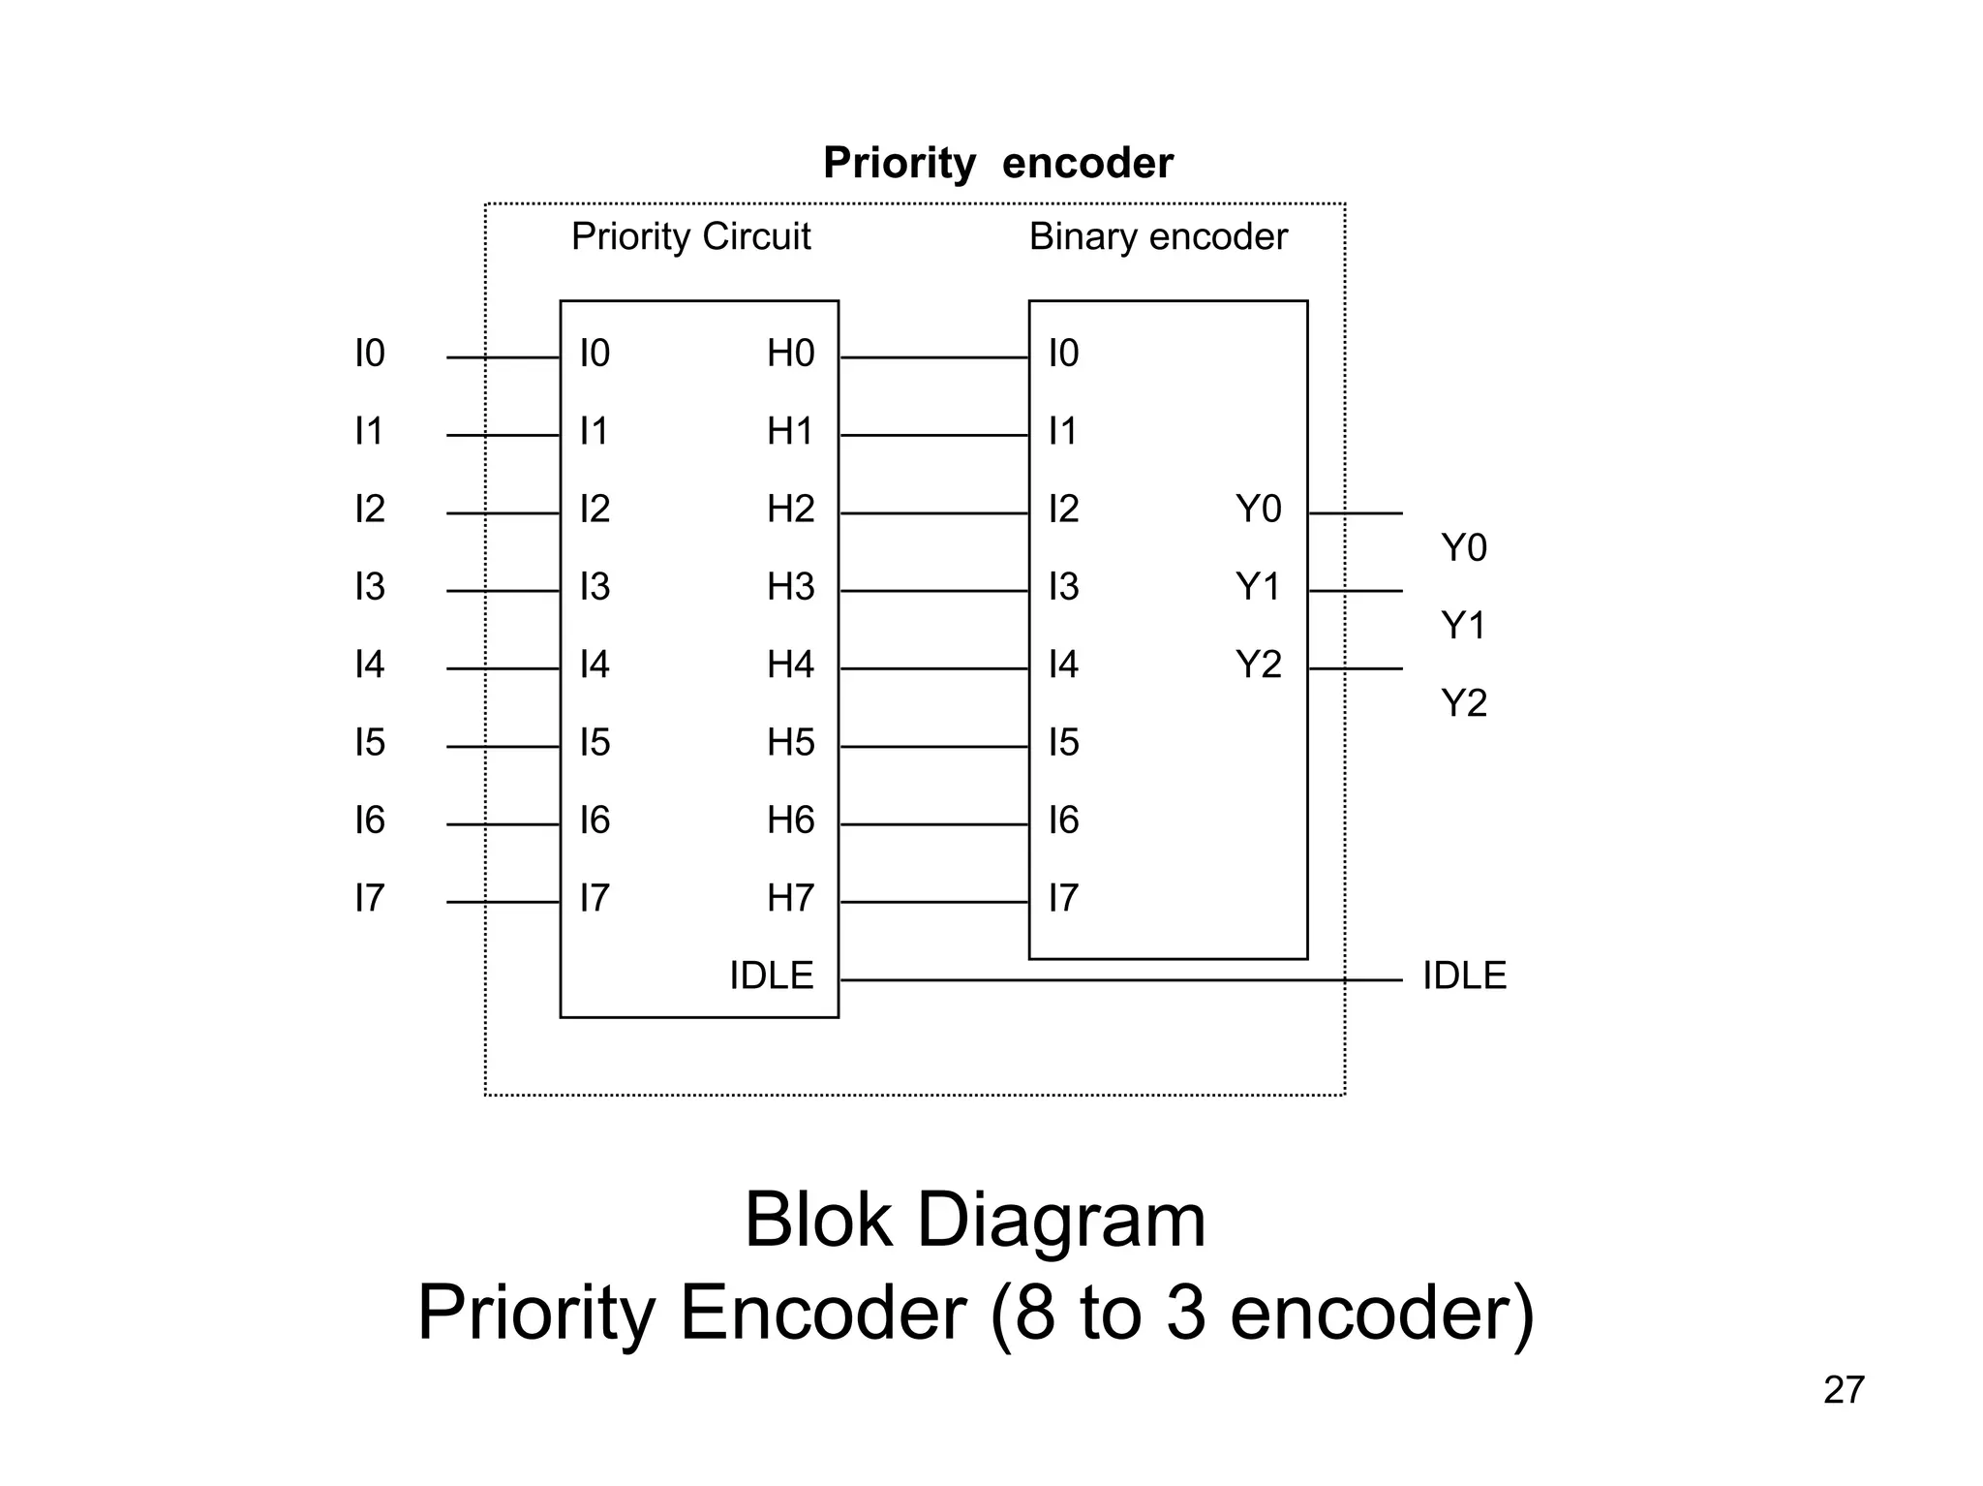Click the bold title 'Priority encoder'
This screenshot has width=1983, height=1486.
(x=997, y=163)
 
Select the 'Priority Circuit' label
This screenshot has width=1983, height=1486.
(x=690, y=236)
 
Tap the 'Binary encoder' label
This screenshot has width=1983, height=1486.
(x=1158, y=236)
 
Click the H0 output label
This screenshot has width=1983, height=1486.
(x=790, y=354)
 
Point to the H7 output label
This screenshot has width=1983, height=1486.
(x=790, y=898)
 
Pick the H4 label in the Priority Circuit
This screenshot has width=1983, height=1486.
(x=790, y=665)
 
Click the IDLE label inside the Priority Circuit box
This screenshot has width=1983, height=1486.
(x=771, y=975)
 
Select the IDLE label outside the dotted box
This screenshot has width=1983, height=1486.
(x=1463, y=975)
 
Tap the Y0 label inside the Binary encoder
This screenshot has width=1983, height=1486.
(x=1258, y=510)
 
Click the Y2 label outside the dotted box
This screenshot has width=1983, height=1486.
(x=1463, y=703)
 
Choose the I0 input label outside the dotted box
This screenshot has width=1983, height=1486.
(x=370, y=354)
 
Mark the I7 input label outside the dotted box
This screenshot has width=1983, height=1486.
(x=370, y=898)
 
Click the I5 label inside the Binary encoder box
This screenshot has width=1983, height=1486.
(x=1063, y=743)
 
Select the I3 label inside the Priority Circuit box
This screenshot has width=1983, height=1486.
(x=595, y=587)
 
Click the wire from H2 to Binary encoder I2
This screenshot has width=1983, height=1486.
(x=933, y=513)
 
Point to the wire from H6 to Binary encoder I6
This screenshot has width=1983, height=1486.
(x=933, y=824)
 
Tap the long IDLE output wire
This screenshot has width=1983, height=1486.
(x=1114, y=980)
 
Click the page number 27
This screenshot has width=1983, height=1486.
(x=1843, y=1390)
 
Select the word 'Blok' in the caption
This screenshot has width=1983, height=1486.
(x=817, y=1221)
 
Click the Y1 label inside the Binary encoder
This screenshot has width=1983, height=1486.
(x=1258, y=587)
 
